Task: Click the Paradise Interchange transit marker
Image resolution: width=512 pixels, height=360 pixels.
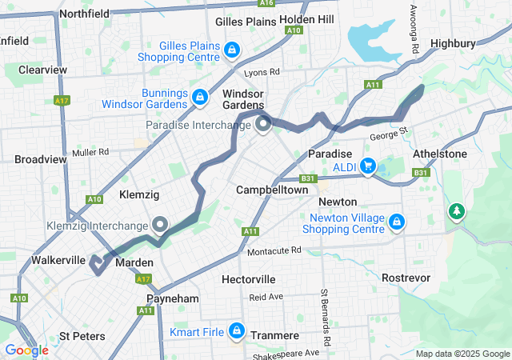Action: [x=264, y=125]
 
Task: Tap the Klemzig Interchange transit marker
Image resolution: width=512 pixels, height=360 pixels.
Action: [x=160, y=225]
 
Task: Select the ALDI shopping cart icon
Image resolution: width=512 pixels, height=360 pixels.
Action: [x=368, y=166]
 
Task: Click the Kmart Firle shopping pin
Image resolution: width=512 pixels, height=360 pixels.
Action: [x=237, y=329]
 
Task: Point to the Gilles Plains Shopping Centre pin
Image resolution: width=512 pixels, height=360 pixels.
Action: [x=231, y=50]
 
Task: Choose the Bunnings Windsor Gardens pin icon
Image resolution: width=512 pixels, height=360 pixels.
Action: [x=199, y=97]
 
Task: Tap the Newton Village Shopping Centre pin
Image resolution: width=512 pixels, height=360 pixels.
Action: [x=398, y=221]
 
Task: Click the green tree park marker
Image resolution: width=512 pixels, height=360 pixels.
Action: [x=457, y=210]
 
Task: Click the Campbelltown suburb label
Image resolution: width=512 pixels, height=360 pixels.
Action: [x=273, y=190]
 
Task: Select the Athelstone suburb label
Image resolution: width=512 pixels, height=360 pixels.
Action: [x=440, y=154]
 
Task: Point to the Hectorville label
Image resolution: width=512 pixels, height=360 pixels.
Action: [x=249, y=279]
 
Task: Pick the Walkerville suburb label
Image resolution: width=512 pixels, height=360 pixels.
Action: [x=58, y=261]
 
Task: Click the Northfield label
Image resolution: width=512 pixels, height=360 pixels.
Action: [x=84, y=14]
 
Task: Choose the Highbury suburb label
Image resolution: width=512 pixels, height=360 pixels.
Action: [x=453, y=43]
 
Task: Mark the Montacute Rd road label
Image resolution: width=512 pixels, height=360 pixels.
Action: [x=274, y=250]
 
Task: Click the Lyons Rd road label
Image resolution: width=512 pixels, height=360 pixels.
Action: [x=263, y=72]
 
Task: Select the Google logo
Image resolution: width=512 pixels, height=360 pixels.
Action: [x=26, y=350]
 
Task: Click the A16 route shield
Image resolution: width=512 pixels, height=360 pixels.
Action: [x=266, y=3]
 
